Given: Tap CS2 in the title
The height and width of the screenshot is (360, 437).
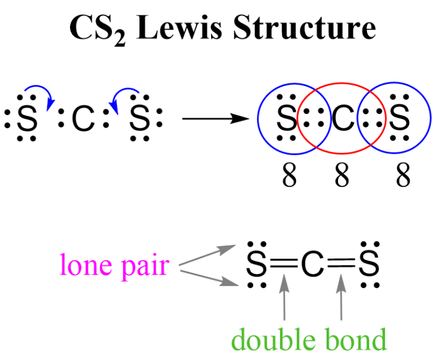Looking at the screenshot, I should click(x=94, y=28).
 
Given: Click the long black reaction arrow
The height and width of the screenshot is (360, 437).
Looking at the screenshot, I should click(x=216, y=120).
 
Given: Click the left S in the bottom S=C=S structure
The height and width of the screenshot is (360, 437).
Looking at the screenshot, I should click(x=257, y=265).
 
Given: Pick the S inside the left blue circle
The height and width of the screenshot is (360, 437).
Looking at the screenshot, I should click(x=286, y=120).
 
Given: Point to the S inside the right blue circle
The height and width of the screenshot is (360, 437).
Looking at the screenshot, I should click(x=400, y=120).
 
